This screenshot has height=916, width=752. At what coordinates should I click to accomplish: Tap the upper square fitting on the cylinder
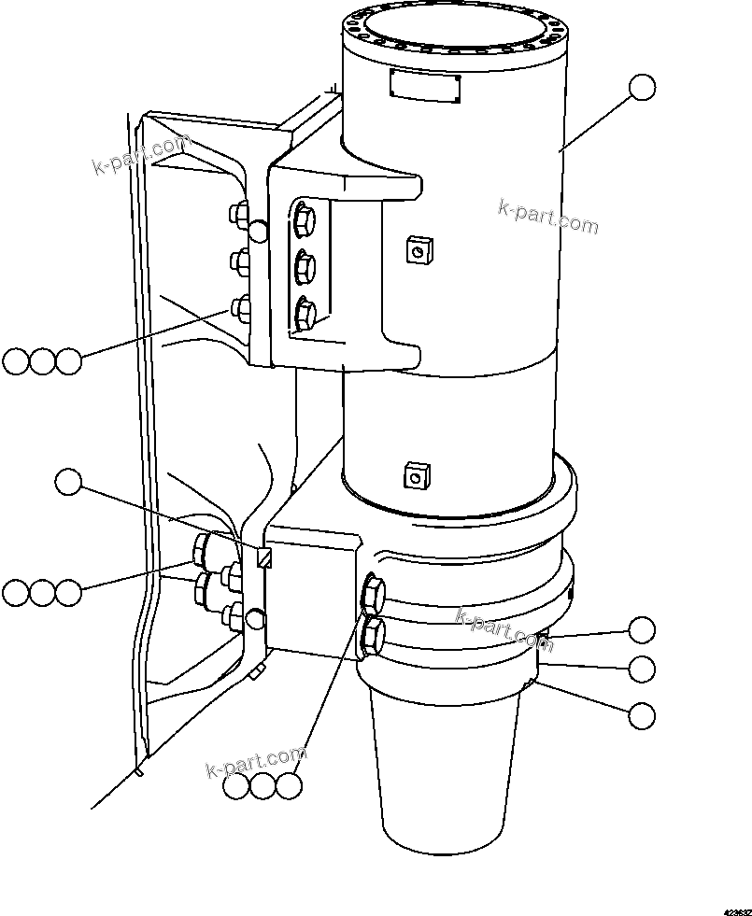tap(417, 249)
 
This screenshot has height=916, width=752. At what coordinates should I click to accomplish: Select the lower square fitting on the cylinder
tap(414, 477)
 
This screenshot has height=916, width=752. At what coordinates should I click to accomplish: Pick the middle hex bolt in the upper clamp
tap(305, 268)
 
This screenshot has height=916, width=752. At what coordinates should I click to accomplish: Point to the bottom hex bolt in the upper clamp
tap(305, 314)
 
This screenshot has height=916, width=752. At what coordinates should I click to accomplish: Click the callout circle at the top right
tap(642, 87)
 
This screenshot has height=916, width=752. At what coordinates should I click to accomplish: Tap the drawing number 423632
tap(734, 907)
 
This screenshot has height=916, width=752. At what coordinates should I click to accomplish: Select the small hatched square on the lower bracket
tap(264, 557)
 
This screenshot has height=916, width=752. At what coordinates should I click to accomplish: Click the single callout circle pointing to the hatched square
tap(69, 482)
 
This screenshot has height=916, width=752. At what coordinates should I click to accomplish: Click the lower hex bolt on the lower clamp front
tap(371, 635)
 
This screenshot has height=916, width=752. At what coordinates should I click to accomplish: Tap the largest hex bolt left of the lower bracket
tap(205, 550)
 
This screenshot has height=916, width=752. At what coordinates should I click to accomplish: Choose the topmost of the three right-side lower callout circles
tap(642, 629)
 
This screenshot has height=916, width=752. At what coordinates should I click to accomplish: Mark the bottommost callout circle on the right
tap(642, 715)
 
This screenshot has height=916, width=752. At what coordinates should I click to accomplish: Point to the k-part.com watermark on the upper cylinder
tap(547, 217)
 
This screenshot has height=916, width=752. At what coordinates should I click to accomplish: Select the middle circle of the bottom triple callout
tap(263, 786)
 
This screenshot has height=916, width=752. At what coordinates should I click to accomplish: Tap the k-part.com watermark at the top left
tap(140, 155)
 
